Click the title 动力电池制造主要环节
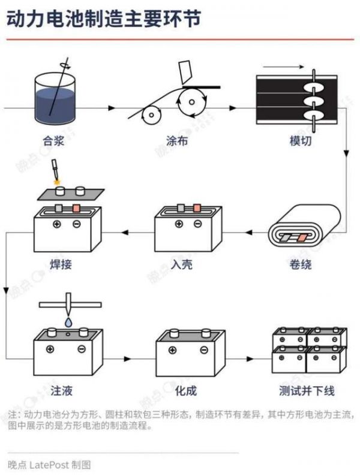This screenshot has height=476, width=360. (x=103, y=19)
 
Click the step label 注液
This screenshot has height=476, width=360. (x=61, y=391)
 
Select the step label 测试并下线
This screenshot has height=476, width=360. (x=307, y=391)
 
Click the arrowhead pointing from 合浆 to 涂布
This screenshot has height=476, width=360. (x=112, y=108)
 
